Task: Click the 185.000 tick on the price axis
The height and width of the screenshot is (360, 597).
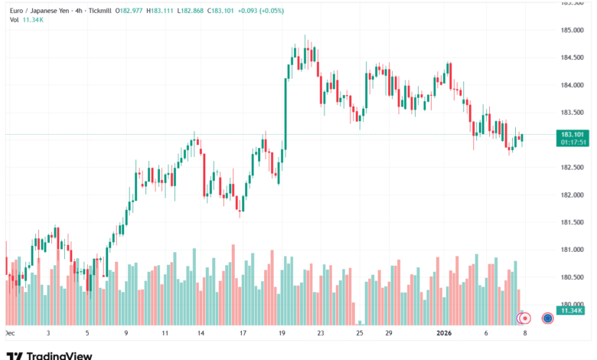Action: (x=573, y=31)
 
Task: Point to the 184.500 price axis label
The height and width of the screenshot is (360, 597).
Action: (x=573, y=57)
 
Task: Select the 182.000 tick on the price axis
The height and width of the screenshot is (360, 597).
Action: (x=573, y=195)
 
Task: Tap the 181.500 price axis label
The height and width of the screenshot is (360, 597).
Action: (x=573, y=222)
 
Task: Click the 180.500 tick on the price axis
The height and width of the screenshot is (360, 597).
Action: (x=573, y=277)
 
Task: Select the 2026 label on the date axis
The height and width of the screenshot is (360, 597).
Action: (x=445, y=333)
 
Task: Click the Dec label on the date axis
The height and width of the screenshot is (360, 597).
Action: (x=9, y=333)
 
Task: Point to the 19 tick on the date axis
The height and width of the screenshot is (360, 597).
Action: (x=282, y=333)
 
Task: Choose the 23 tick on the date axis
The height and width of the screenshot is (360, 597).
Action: (x=321, y=333)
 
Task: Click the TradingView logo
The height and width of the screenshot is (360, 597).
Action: (x=49, y=355)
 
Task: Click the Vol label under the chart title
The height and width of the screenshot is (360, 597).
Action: (x=14, y=20)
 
